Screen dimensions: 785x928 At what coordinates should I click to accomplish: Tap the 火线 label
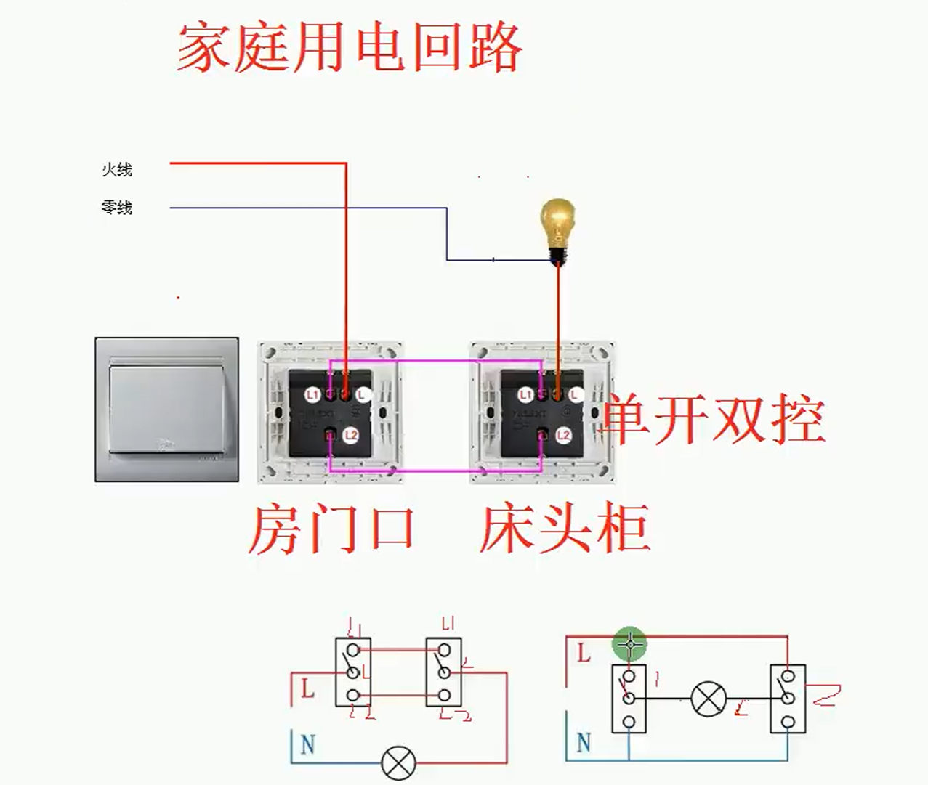tap(117, 170)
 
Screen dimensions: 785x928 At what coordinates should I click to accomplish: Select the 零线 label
tap(117, 208)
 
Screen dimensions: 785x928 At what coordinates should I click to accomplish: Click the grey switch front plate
tap(166, 409)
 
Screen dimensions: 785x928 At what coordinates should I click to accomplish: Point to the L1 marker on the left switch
tap(312, 395)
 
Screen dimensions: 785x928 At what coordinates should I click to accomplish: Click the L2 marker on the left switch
tap(351, 436)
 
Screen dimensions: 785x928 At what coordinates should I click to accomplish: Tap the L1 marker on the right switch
tap(525, 395)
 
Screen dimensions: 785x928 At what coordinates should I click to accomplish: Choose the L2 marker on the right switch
tap(563, 436)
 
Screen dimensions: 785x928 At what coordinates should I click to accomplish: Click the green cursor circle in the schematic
tap(629, 643)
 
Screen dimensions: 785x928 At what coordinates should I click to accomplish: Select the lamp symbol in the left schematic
tap(398, 762)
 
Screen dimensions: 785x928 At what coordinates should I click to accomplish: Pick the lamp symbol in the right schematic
tap(707, 699)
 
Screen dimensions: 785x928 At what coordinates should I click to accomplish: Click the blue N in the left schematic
tap(307, 744)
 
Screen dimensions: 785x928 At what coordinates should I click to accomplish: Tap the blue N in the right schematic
tap(584, 743)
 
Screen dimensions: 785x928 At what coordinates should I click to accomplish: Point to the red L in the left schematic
tap(307, 688)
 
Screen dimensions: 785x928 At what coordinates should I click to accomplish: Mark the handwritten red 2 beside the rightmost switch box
tap(826, 695)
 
